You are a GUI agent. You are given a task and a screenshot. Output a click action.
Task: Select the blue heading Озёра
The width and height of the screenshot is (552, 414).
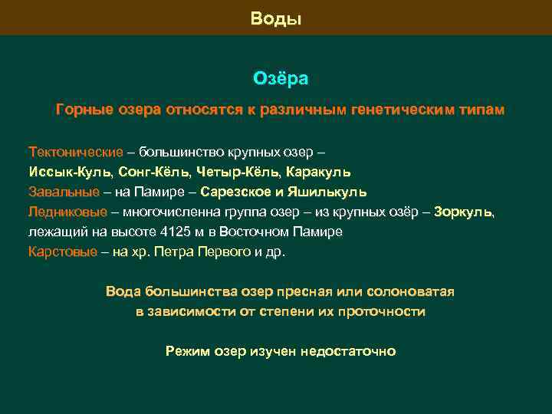pos(280,79)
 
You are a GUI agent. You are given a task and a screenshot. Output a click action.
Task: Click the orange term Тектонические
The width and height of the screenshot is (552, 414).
pos(75,150)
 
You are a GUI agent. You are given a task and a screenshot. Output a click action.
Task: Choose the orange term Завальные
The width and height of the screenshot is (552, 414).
pos(64,191)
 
